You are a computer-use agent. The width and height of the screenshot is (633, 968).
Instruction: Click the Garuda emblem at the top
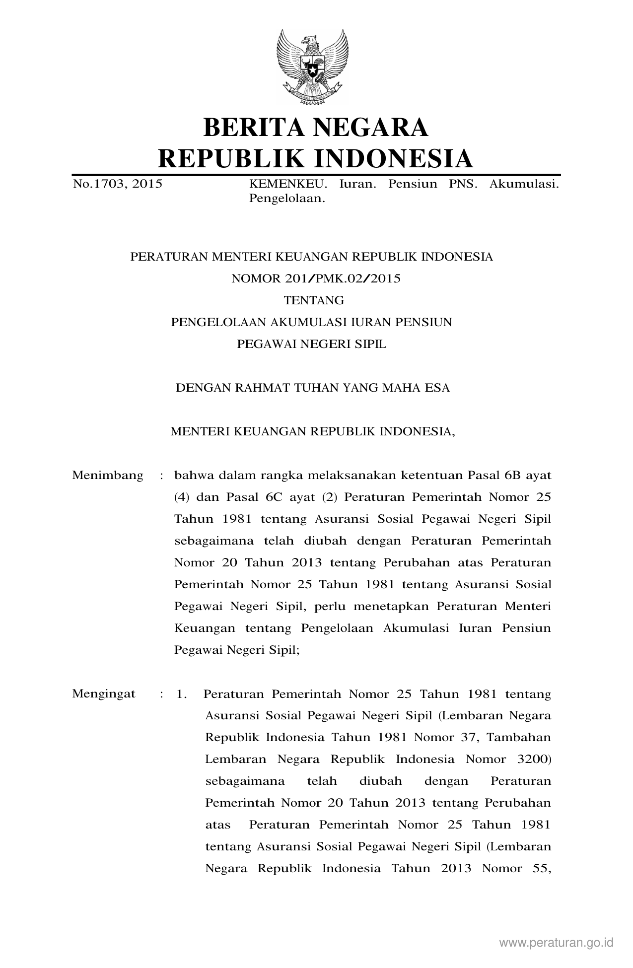312,67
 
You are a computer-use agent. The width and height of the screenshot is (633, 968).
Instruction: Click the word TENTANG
313,300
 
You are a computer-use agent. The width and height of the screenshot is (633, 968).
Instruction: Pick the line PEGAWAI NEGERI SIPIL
311,344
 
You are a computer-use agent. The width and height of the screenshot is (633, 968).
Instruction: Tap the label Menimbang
108,476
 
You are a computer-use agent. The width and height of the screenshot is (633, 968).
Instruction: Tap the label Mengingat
104,694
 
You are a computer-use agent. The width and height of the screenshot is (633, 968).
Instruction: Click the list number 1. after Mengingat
181,694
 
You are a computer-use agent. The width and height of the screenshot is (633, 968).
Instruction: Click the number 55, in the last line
539,869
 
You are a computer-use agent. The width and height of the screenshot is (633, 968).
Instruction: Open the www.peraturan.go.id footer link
557,942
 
